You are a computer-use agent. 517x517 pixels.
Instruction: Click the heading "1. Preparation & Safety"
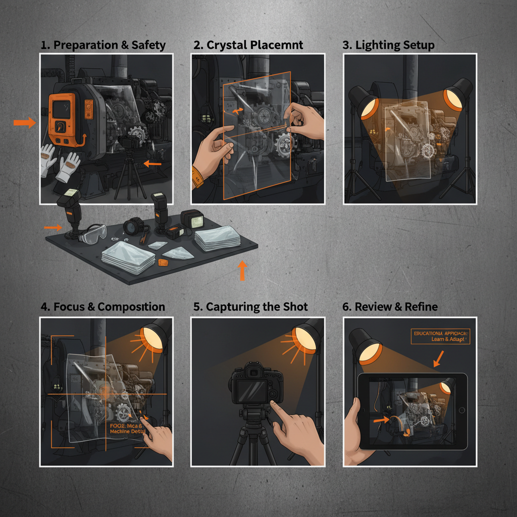click(103, 45)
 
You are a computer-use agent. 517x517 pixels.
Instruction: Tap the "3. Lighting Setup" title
click(388, 45)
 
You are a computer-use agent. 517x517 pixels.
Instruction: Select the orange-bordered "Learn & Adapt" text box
click(440, 336)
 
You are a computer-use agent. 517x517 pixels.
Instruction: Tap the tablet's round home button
click(461, 410)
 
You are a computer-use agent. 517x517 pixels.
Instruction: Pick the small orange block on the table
click(163, 263)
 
